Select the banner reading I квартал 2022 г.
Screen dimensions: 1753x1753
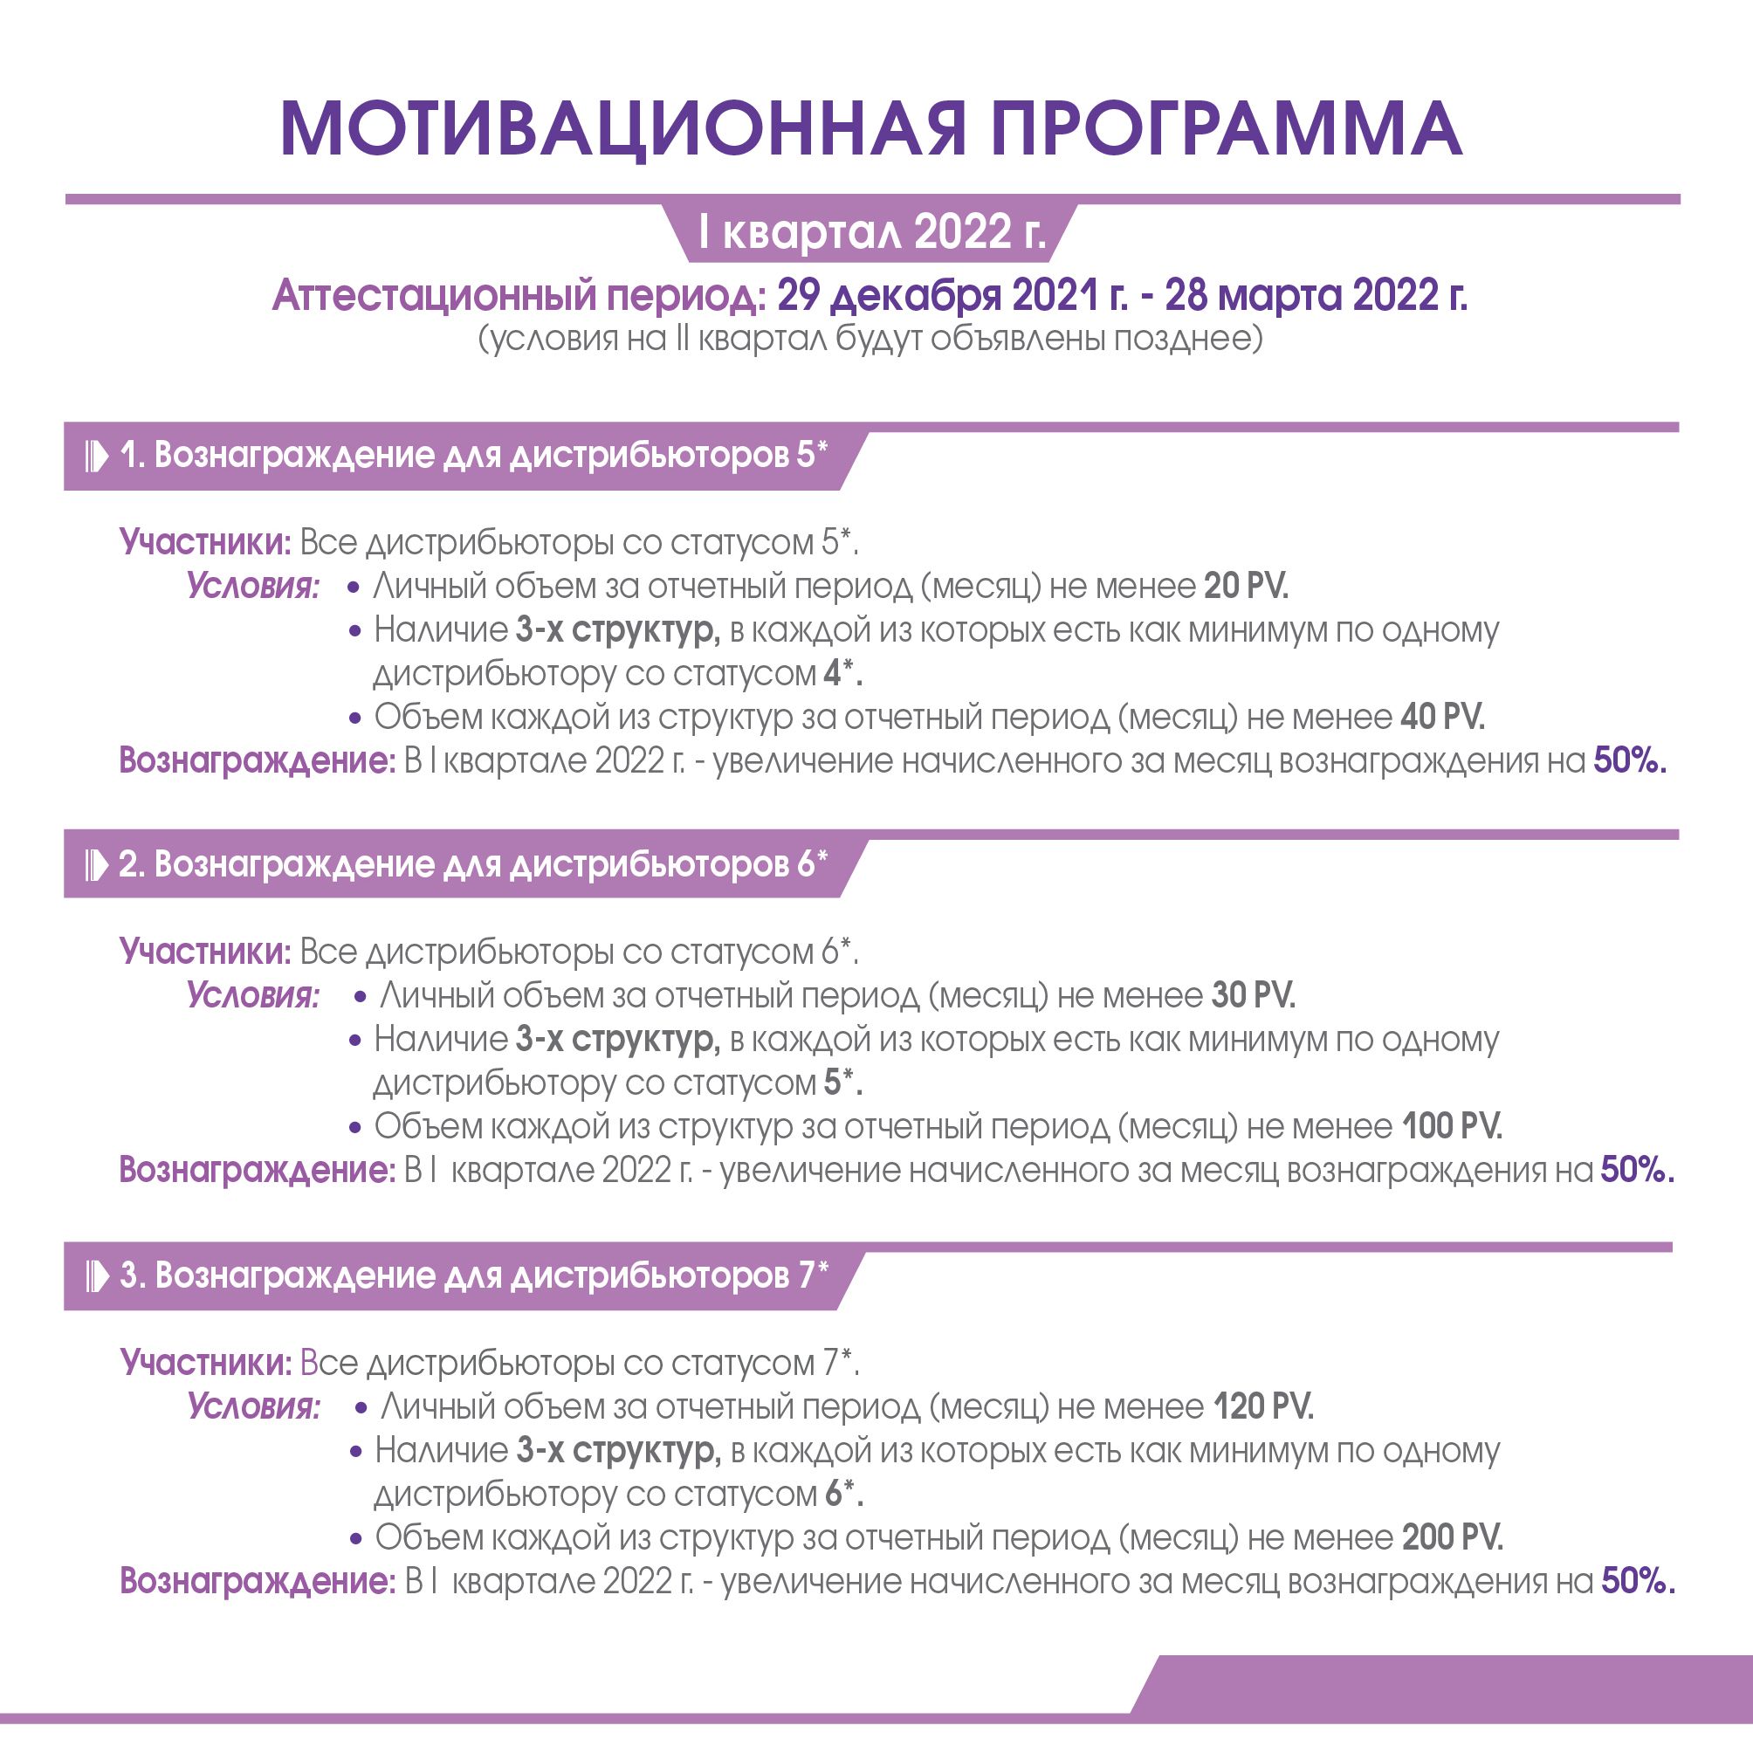point(872,232)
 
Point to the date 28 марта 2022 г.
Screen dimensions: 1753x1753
point(1316,296)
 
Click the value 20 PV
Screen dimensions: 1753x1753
point(1246,587)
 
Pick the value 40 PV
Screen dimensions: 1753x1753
point(1443,718)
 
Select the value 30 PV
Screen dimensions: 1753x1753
point(1253,996)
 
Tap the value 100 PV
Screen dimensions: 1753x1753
point(1452,1127)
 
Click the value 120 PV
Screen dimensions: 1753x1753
point(1263,1407)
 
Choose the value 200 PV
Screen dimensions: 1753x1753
point(1452,1538)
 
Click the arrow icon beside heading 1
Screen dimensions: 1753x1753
point(96,457)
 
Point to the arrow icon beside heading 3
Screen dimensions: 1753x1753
point(96,1276)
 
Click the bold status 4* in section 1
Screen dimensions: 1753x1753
point(843,674)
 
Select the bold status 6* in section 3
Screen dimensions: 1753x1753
point(844,1495)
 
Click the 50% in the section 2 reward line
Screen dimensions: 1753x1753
point(1637,1171)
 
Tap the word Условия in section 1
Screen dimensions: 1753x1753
point(253,587)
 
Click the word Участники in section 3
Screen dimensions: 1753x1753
point(206,1363)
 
